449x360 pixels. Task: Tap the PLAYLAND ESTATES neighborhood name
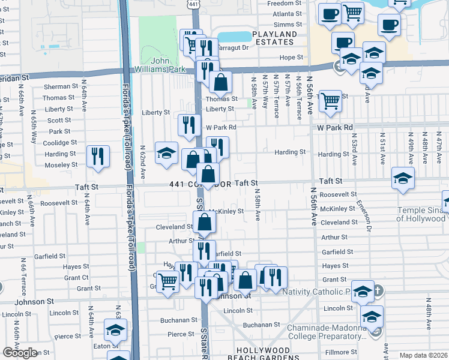[x=274, y=38]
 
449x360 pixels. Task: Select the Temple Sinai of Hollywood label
[x=421, y=214]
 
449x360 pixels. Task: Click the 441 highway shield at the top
[x=193, y=4]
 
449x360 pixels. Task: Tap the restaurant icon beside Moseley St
[x=97, y=156]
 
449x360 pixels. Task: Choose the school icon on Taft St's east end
[x=403, y=178]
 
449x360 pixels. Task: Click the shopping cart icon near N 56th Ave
[x=331, y=101]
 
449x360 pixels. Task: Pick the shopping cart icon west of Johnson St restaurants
[x=168, y=281]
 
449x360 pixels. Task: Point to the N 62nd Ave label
[x=143, y=162]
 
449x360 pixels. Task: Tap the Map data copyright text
[x=424, y=355]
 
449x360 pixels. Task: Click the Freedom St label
[x=286, y=4]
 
